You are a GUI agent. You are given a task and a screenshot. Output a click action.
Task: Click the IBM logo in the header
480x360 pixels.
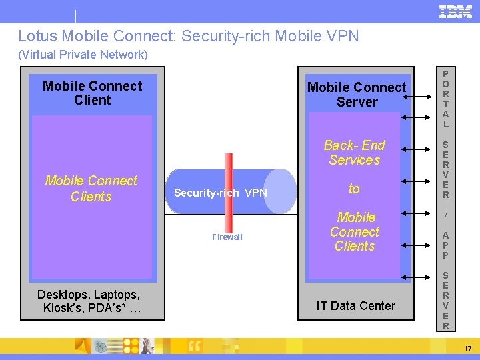click(455, 11)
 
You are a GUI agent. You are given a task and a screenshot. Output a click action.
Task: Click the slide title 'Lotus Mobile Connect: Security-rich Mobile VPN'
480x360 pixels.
click(188, 36)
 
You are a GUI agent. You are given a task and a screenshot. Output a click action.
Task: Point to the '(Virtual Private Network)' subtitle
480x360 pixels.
click(83, 55)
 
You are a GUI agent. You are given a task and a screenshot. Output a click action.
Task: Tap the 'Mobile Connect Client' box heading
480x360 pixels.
click(92, 93)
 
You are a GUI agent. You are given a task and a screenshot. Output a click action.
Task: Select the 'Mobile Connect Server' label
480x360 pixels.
click(356, 95)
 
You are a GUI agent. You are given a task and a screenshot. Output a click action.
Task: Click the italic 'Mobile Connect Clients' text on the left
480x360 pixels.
click(91, 189)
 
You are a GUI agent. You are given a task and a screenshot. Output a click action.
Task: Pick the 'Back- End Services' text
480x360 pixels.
click(354, 153)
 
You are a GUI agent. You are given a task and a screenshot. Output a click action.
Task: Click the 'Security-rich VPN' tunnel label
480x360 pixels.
click(220, 193)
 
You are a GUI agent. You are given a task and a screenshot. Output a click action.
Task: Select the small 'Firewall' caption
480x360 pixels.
click(227, 237)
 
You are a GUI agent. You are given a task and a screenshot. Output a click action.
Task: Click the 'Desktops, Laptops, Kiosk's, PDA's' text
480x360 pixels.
click(89, 301)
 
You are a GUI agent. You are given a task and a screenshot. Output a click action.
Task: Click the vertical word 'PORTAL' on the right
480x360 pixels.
click(445, 99)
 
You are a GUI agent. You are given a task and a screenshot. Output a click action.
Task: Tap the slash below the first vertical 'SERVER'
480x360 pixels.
click(445, 215)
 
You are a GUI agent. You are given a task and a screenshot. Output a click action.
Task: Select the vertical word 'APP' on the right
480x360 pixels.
click(445, 245)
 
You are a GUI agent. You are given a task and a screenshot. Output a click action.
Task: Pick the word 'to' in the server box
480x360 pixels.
click(354, 189)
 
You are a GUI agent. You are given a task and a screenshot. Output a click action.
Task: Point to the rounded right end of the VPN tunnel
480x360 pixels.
click(281, 191)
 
